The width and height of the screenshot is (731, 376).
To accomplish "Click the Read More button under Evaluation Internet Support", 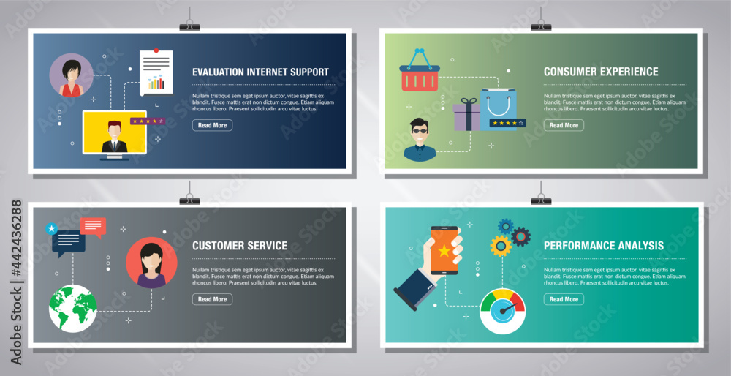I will pos(212,125).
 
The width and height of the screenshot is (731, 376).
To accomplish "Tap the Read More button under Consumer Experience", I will pos(564,125).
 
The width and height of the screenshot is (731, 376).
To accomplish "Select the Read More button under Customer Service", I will pos(212,299).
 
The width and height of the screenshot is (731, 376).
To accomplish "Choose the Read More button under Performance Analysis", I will pos(564,299).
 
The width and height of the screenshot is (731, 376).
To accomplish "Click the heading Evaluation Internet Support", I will pos(260,72).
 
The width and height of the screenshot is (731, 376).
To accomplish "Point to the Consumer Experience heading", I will pos(601,72).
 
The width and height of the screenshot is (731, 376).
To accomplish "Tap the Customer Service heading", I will pos(240,246).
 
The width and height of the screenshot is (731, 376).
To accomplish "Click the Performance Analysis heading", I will pos(604,246).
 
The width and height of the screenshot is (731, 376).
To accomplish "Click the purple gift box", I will pos(466,116).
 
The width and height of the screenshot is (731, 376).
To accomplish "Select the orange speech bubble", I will pos(94,226).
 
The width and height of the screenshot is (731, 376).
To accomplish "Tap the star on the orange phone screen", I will pos(444,252).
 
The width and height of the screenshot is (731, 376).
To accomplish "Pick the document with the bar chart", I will pos(156,72).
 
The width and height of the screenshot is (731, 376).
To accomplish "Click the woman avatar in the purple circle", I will pos(72,76).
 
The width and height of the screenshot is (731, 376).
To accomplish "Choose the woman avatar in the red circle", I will pos(151,262).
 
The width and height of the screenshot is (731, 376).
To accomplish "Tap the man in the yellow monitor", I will pos(114,135).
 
